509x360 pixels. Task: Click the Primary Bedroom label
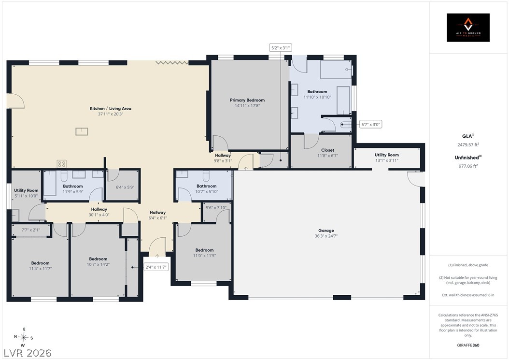pyautogui.click(x=247, y=100)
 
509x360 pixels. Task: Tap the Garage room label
pyautogui.click(x=326, y=230)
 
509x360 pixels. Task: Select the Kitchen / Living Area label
pyautogui.click(x=111, y=109)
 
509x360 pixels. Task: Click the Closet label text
pyautogui.click(x=327, y=150)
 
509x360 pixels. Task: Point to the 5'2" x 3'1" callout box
pyautogui.click(x=281, y=48)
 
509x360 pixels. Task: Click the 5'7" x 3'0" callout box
pyautogui.click(x=371, y=124)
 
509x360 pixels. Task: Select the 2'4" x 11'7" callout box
pyautogui.click(x=156, y=267)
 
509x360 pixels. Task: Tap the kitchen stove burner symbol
pyautogui.click(x=62, y=163)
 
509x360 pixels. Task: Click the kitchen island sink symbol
pyautogui.click(x=82, y=131)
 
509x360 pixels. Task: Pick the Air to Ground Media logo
pyautogui.click(x=468, y=28)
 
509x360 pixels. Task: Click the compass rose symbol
pyautogui.click(x=23, y=337)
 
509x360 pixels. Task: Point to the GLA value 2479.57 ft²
pyautogui.click(x=468, y=145)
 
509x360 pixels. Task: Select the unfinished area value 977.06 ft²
pyautogui.click(x=468, y=166)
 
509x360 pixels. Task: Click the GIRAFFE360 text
pyautogui.click(x=468, y=345)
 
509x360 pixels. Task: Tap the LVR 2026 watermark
pyautogui.click(x=28, y=353)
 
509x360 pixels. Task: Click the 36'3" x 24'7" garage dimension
pyautogui.click(x=326, y=236)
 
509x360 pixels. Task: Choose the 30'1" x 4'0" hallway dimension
pyautogui.click(x=99, y=215)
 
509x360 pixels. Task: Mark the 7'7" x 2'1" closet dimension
pyautogui.click(x=31, y=230)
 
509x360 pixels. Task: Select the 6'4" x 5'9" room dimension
pyautogui.click(x=125, y=187)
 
